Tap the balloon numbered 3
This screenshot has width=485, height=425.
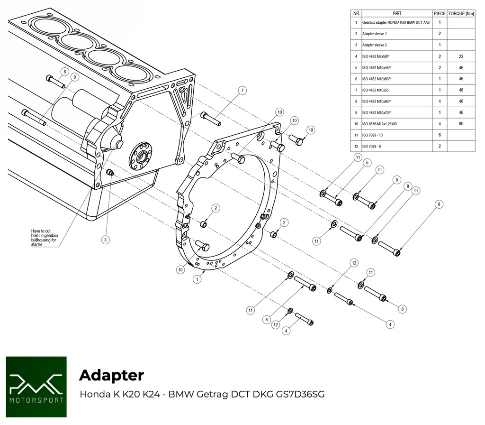[x=106, y=240]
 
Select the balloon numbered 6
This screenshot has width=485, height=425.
[x=64, y=72]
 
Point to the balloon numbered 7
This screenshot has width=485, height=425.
[x=242, y=90]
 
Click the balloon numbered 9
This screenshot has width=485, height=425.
[x=74, y=77]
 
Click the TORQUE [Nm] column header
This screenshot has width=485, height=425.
[x=461, y=13]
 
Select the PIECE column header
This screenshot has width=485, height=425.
[x=440, y=13]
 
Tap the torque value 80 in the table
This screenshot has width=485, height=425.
[x=461, y=124]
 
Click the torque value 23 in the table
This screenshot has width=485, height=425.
[x=461, y=56]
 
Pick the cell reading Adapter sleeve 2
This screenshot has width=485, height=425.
[x=374, y=45]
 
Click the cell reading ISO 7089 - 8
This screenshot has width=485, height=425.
[x=373, y=146]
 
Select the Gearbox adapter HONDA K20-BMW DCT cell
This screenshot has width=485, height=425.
[x=395, y=22]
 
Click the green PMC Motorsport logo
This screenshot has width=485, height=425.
[x=36, y=387]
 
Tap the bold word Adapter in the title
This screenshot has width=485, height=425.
[x=111, y=375]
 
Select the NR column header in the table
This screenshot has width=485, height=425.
[x=356, y=13]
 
